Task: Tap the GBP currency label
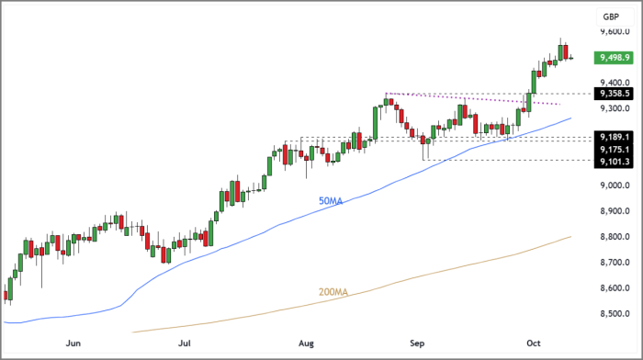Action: point(610,17)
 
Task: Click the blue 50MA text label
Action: point(331,201)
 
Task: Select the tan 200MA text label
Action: point(333,292)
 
